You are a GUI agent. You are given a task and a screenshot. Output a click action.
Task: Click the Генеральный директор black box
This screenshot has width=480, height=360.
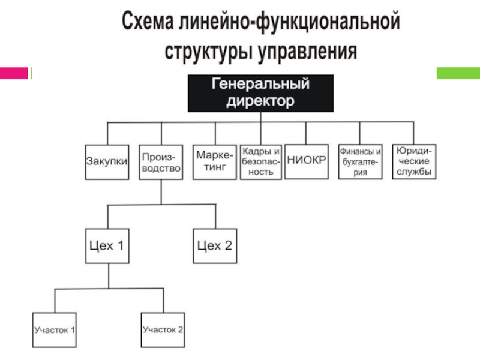(261, 93)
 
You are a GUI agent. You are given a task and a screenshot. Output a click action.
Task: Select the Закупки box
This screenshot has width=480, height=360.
(107, 162)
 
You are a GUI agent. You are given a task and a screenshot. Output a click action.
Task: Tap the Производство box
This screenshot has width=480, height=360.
(161, 162)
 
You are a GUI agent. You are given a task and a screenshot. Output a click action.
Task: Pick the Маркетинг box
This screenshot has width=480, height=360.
(215, 162)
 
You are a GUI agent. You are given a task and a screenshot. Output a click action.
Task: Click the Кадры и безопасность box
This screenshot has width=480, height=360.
(261, 162)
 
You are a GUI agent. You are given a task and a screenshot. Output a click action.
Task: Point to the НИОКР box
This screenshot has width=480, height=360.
(307, 161)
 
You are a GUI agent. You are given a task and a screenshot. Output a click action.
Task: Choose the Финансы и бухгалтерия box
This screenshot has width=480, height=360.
(361, 161)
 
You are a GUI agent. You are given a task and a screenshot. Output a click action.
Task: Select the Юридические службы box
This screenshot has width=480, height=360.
(414, 161)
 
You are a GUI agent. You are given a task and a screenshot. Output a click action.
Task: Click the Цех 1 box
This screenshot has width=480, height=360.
(107, 246)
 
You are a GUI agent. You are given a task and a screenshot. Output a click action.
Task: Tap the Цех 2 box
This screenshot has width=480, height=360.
(215, 246)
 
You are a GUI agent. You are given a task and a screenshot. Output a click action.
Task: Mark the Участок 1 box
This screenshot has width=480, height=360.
(54, 330)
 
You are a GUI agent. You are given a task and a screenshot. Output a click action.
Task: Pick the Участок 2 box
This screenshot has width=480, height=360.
(163, 330)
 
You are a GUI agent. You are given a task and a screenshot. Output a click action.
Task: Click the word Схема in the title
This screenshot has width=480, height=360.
(148, 21)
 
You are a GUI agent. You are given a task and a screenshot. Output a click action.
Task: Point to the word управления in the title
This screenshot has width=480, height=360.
(307, 52)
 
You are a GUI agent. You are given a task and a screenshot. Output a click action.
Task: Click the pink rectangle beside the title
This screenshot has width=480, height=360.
(14, 73)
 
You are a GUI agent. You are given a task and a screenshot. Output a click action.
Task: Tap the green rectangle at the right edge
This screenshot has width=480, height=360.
(458, 73)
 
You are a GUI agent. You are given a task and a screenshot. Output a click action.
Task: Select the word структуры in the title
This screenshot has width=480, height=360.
(208, 52)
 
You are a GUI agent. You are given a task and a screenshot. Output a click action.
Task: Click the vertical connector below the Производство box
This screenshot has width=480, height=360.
(161, 192)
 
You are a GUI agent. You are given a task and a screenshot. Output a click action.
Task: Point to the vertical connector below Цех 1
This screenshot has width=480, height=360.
(109, 276)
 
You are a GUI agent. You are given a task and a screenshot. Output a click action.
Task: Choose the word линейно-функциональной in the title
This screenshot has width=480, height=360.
(290, 21)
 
